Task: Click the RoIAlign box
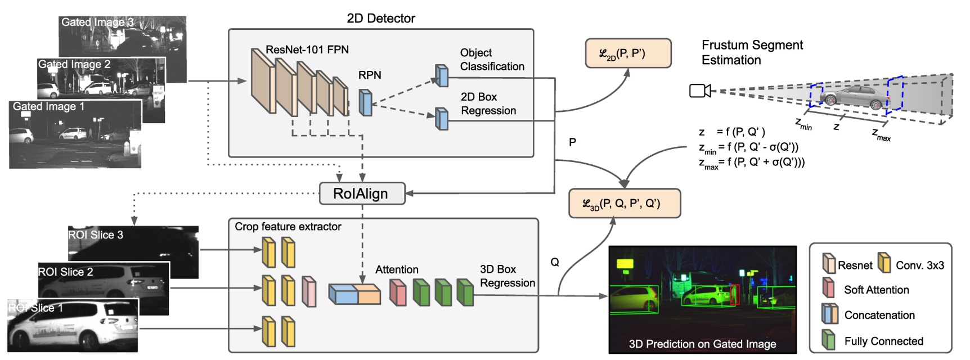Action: click(x=362, y=193)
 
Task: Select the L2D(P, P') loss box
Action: click(x=628, y=53)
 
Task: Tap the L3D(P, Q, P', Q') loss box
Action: click(x=625, y=203)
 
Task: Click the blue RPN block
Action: click(x=366, y=102)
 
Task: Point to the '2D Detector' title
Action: click(x=381, y=19)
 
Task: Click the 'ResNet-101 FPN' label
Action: click(x=307, y=49)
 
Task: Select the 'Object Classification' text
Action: click(x=492, y=60)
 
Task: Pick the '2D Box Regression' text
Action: click(x=488, y=103)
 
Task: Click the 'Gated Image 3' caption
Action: click(x=97, y=22)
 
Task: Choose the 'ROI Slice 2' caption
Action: click(x=66, y=272)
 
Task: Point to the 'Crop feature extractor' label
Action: click(x=288, y=227)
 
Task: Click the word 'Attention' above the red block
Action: click(x=397, y=269)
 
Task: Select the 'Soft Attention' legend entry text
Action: click(x=876, y=290)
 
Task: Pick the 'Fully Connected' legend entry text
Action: click(x=883, y=341)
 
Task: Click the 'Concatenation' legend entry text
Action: click(x=879, y=315)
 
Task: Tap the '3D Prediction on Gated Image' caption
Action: click(x=702, y=344)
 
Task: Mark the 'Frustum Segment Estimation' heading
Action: click(x=752, y=52)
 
